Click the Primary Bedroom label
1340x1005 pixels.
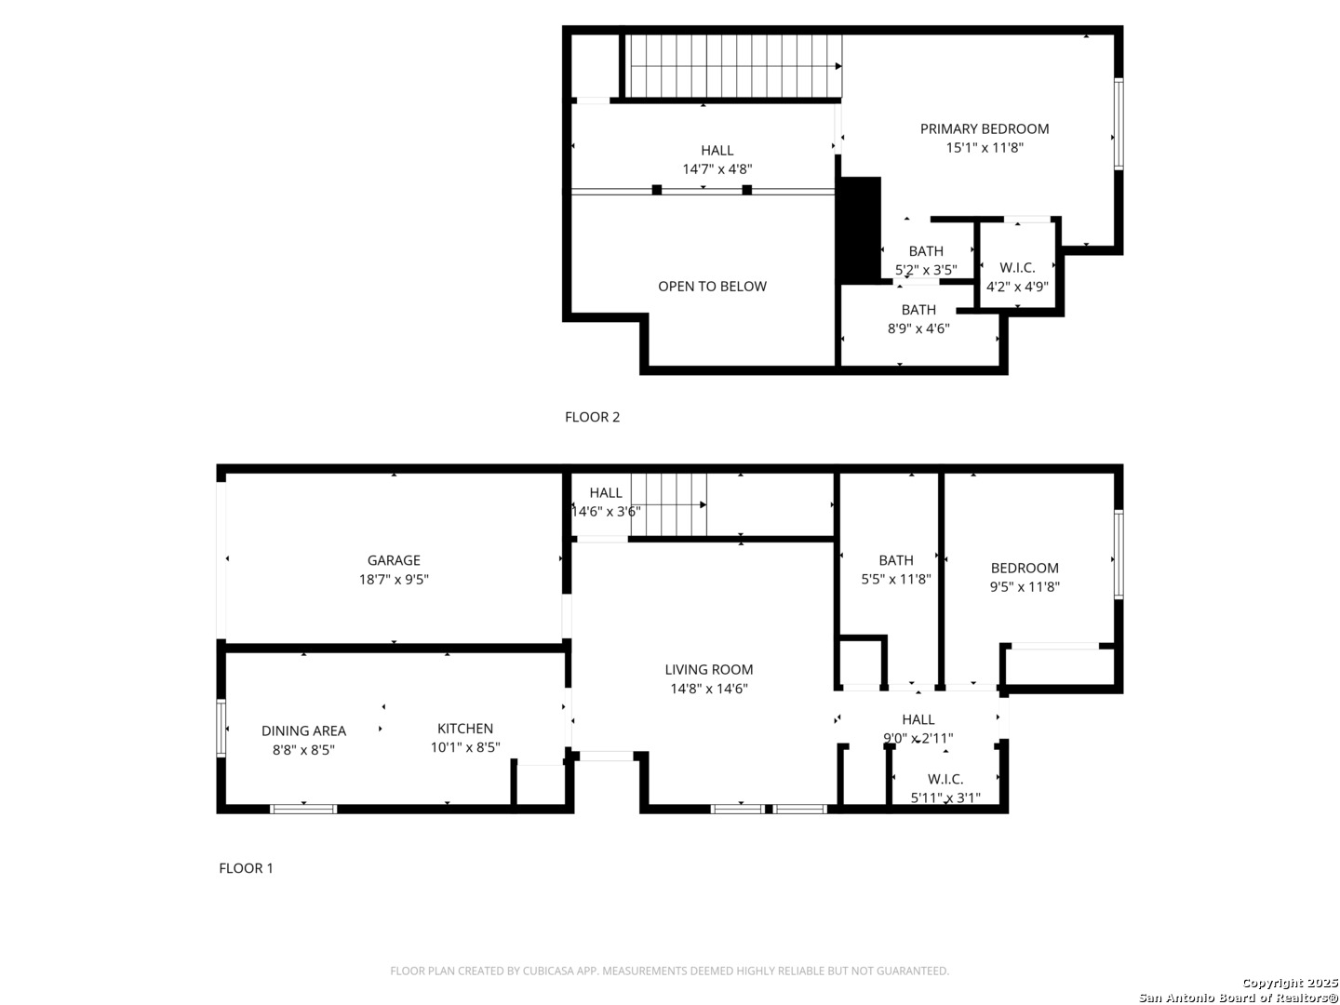[985, 128]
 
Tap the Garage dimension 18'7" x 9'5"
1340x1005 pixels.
[394, 579]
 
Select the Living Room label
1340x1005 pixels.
[709, 669]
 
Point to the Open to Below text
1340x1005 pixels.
[712, 287]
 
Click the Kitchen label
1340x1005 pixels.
[465, 728]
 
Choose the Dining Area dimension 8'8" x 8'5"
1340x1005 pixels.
[303, 749]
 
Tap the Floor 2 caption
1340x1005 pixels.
[592, 417]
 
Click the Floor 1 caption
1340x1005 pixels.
[246, 867]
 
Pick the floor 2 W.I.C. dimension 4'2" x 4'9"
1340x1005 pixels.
[1017, 287]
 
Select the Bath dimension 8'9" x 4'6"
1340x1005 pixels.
[918, 328]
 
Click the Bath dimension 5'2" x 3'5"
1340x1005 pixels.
[926, 270]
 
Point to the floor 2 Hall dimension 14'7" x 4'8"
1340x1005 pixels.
[717, 169]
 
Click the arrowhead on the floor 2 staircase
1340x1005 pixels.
[838, 66]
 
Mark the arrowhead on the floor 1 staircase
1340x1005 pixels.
[703, 504]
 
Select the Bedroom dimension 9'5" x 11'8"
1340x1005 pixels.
[1025, 586]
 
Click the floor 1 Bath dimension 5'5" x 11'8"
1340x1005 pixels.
[895, 579]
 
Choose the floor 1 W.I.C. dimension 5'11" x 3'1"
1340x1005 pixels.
[945, 797]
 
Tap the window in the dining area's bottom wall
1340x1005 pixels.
[303, 810]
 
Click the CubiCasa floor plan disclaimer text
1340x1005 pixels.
[670, 971]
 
